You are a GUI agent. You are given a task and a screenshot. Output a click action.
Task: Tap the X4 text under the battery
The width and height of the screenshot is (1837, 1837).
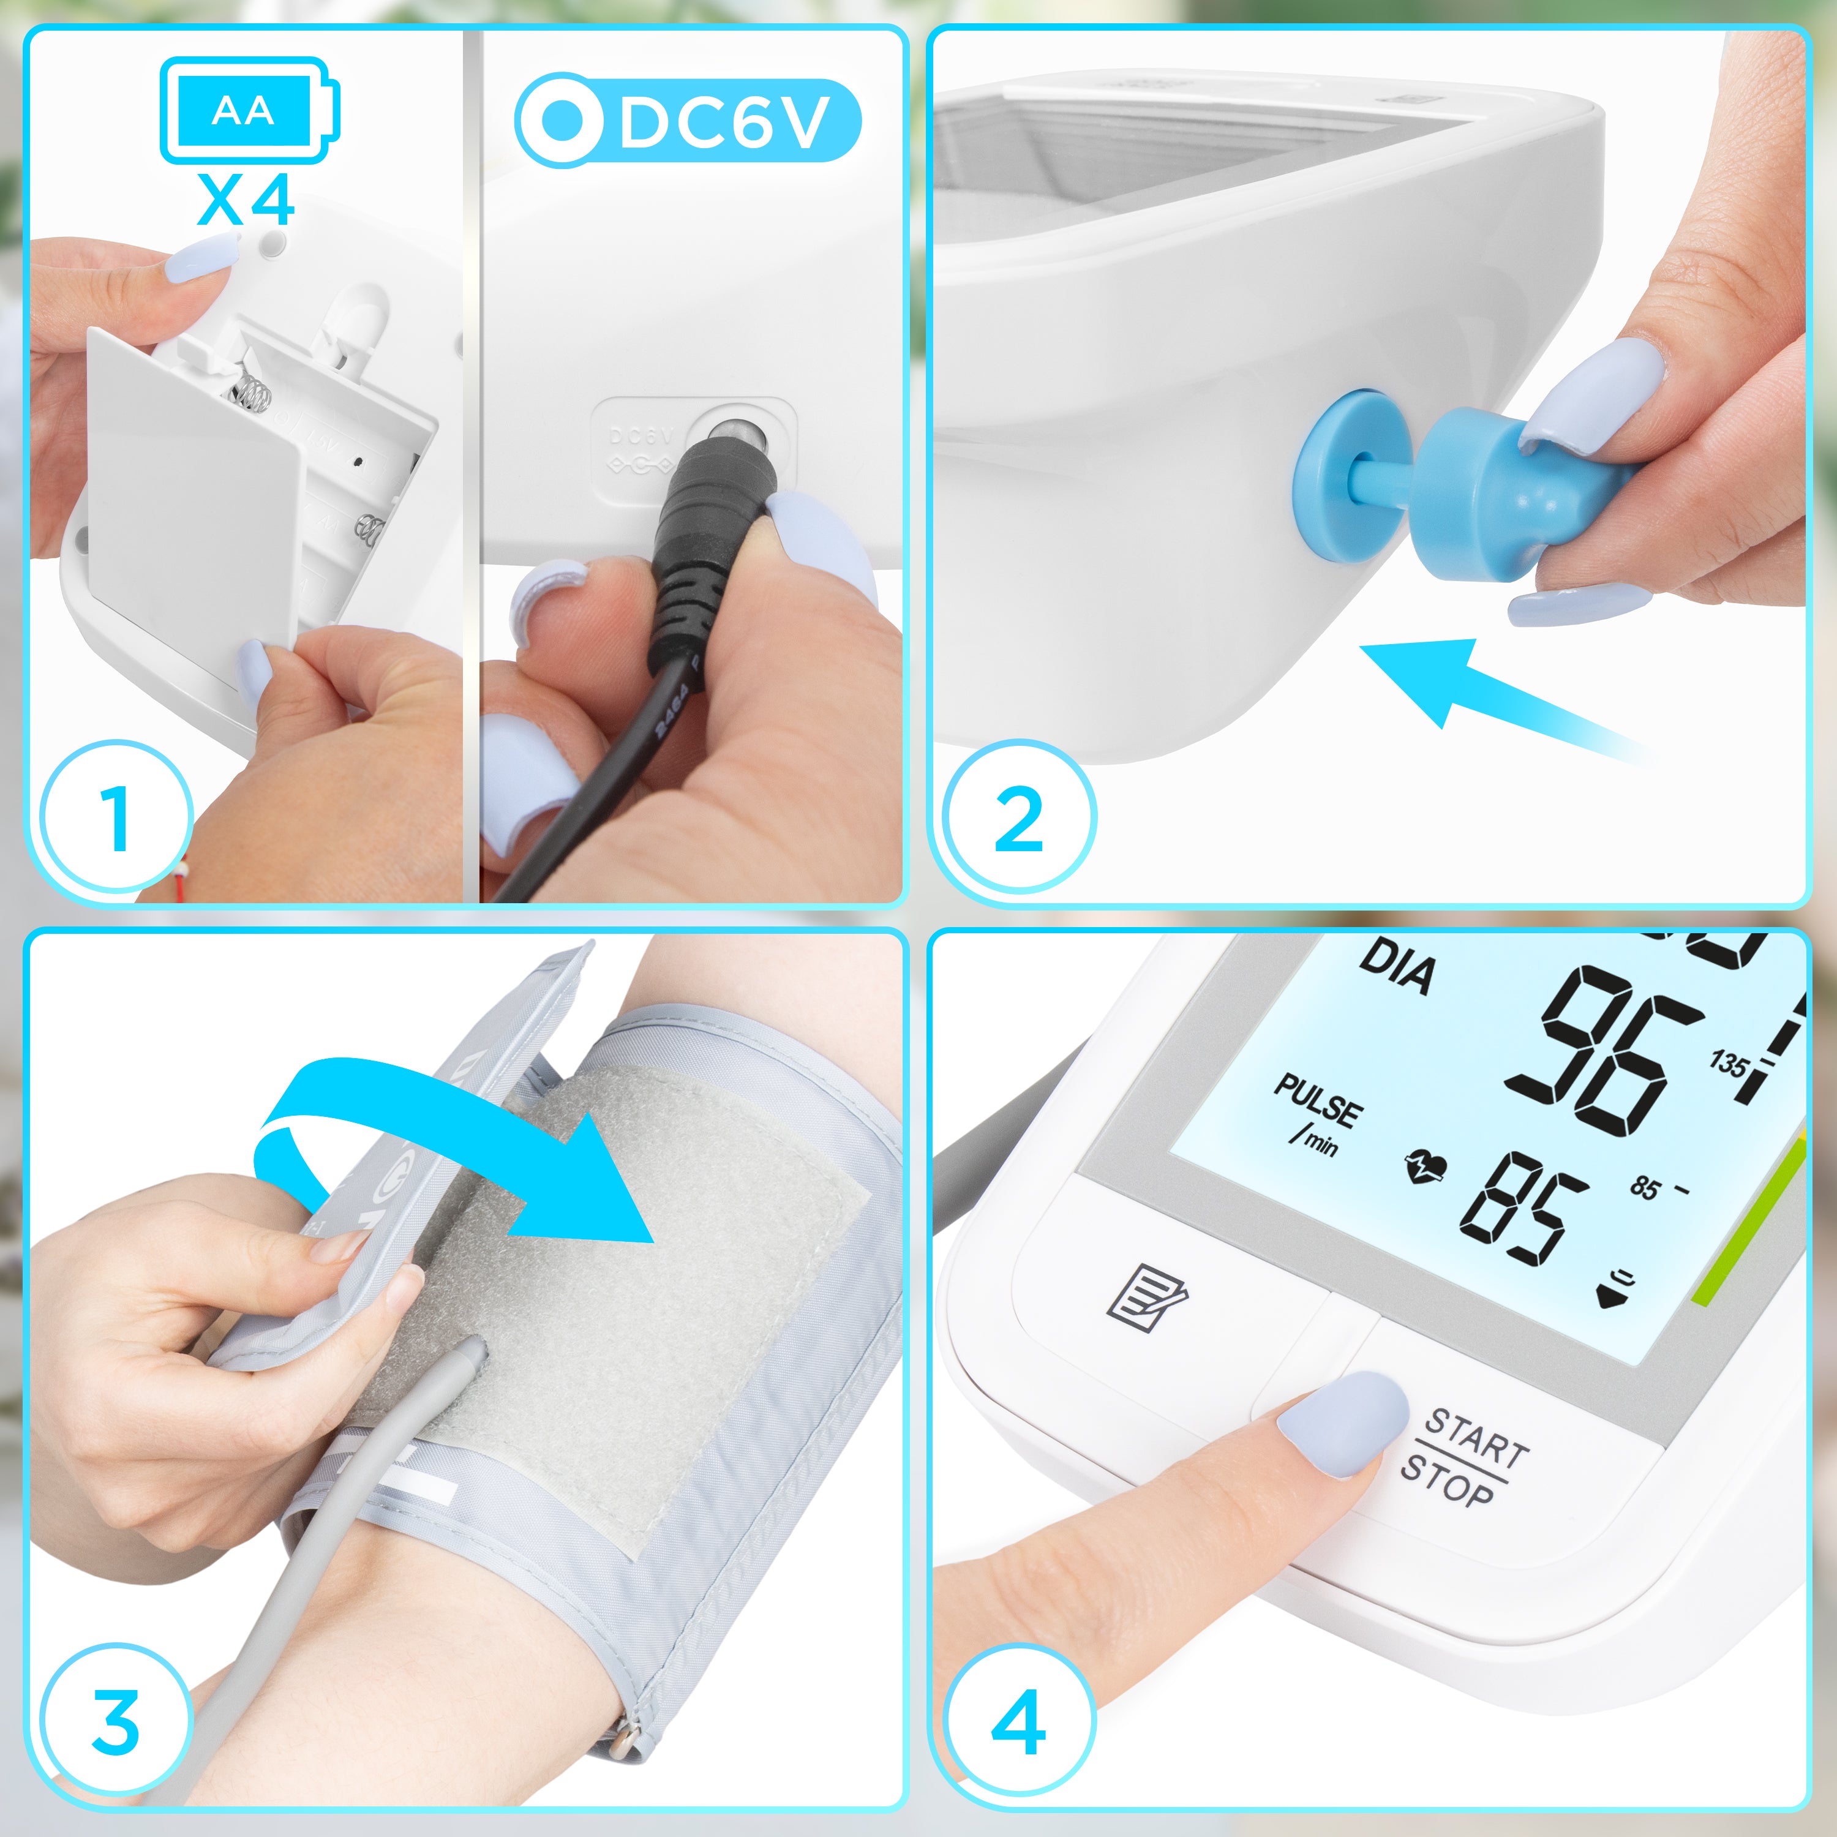pyautogui.click(x=246, y=201)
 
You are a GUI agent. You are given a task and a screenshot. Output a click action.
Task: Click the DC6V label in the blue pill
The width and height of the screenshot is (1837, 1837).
pyautogui.click(x=723, y=121)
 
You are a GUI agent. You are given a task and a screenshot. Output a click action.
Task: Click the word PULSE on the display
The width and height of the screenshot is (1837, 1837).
pyautogui.click(x=1317, y=1103)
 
